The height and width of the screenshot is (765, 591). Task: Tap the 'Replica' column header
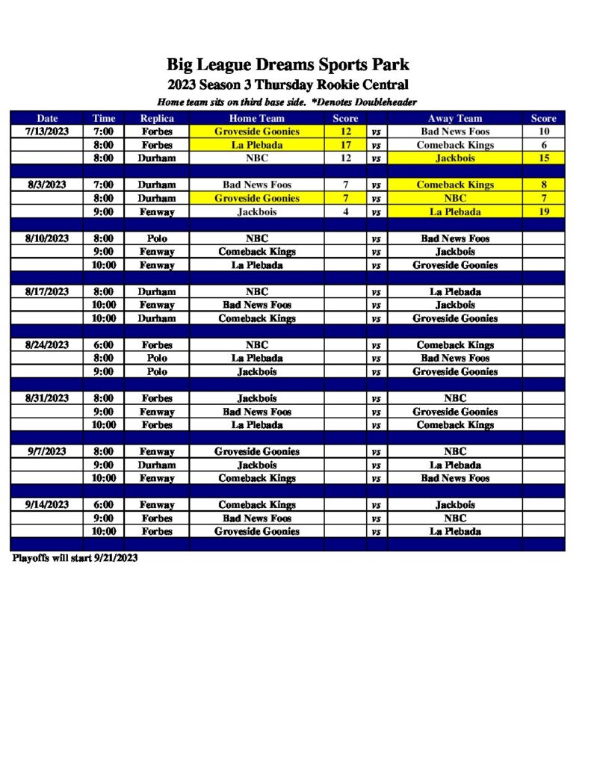(x=157, y=118)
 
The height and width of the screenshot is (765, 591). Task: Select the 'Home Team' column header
(x=256, y=118)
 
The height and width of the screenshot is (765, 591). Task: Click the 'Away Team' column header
(x=454, y=118)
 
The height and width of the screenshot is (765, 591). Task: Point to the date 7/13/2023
(x=46, y=131)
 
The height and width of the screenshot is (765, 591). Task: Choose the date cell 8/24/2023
(x=46, y=345)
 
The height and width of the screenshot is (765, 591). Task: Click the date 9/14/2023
(x=46, y=505)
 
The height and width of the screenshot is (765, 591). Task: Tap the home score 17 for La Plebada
(x=345, y=145)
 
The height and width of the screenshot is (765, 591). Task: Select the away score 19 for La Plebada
(x=543, y=211)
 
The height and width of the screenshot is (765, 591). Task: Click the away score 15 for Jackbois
(x=543, y=158)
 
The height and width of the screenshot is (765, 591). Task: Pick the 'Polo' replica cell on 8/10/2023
(x=157, y=238)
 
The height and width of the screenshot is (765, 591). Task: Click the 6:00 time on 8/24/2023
(x=103, y=345)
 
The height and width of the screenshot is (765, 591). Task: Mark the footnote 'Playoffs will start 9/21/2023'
(x=75, y=558)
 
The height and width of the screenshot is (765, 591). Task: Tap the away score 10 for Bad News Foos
(x=543, y=131)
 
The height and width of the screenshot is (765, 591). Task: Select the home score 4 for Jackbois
(x=345, y=211)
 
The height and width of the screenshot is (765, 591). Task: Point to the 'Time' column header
(x=104, y=118)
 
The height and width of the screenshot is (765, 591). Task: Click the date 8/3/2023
(x=46, y=185)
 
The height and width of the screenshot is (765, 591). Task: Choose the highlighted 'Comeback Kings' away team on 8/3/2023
(x=454, y=185)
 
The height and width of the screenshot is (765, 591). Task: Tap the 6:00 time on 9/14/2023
(x=103, y=505)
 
